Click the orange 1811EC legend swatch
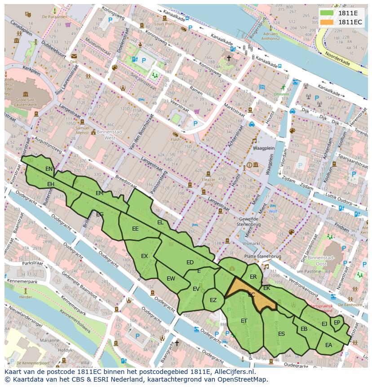pyautogui.click(x=328, y=22)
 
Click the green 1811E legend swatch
pyautogui.click(x=328, y=13)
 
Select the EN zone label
pyautogui.click(x=49, y=169)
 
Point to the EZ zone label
pyautogui.click(x=213, y=300)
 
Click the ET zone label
pyautogui.click(x=244, y=320)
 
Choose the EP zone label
pyautogui.click(x=337, y=322)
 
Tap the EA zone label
pyautogui.click(x=328, y=345)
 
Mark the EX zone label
pyautogui.click(x=144, y=256)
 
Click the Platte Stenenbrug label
pyautogui.click(x=262, y=256)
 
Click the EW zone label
pyautogui.click(x=171, y=279)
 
